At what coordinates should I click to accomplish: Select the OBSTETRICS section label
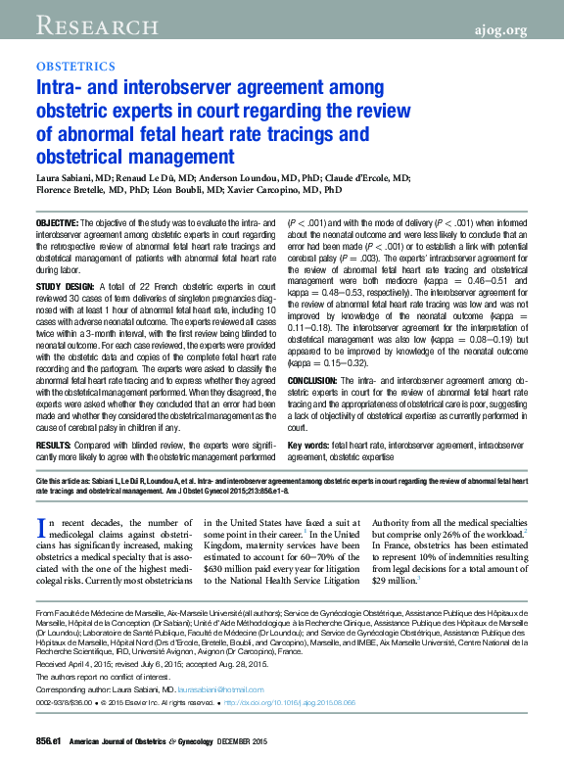pyautogui.click(x=75, y=67)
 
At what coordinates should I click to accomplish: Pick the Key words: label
pyautogui.click(x=308, y=447)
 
